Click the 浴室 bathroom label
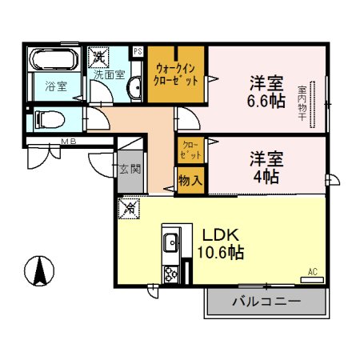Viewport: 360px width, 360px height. (x=54, y=87)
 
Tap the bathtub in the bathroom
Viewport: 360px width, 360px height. (x=52, y=61)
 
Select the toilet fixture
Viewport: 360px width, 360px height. (x=50, y=121)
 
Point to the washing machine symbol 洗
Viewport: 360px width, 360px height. (x=99, y=57)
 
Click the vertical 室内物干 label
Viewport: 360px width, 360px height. (x=302, y=104)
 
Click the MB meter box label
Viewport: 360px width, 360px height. (x=70, y=143)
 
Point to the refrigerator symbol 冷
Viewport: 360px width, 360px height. (x=130, y=208)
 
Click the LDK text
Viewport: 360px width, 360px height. (x=221, y=236)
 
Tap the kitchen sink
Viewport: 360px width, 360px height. (x=171, y=241)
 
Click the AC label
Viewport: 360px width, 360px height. (x=313, y=273)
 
